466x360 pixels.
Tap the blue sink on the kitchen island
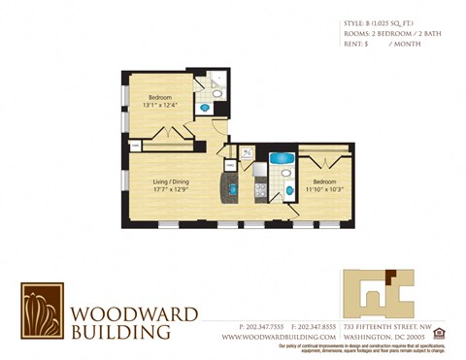[234, 183]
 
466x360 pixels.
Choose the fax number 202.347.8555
[301, 326]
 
